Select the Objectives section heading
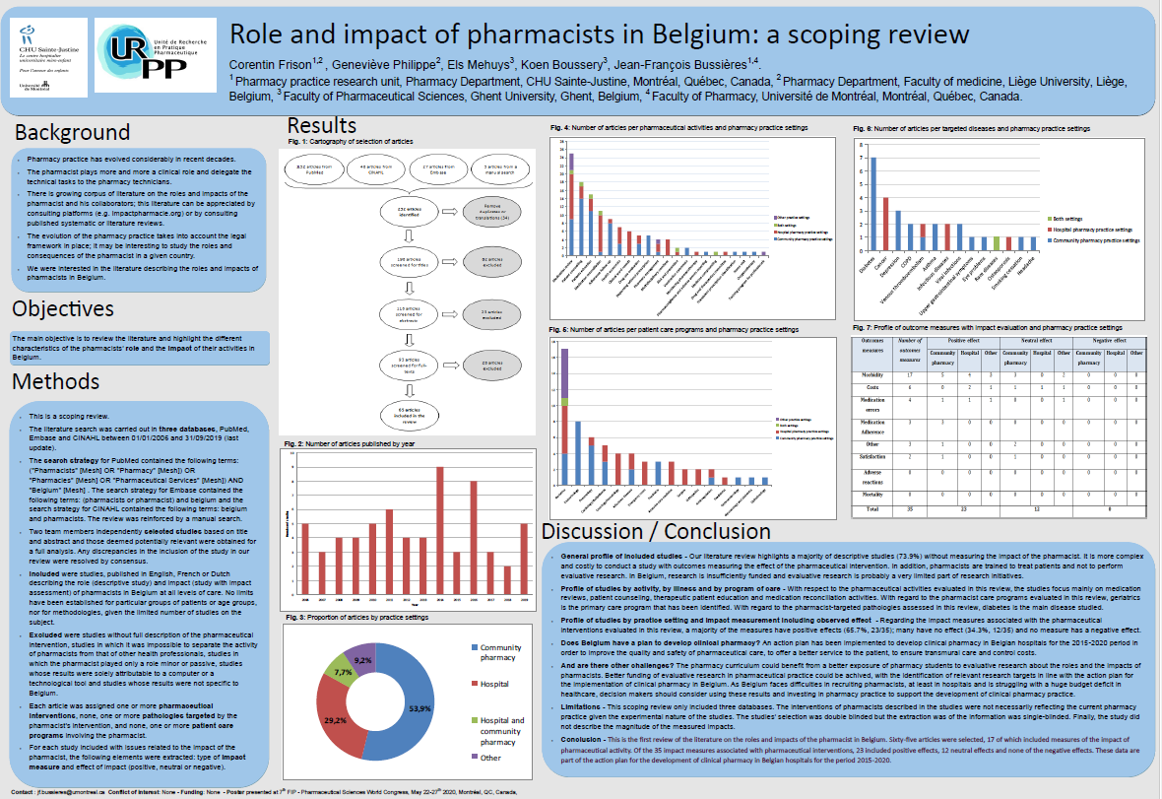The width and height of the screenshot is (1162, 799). tap(70, 308)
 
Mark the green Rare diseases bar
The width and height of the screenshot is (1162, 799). tap(996, 243)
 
